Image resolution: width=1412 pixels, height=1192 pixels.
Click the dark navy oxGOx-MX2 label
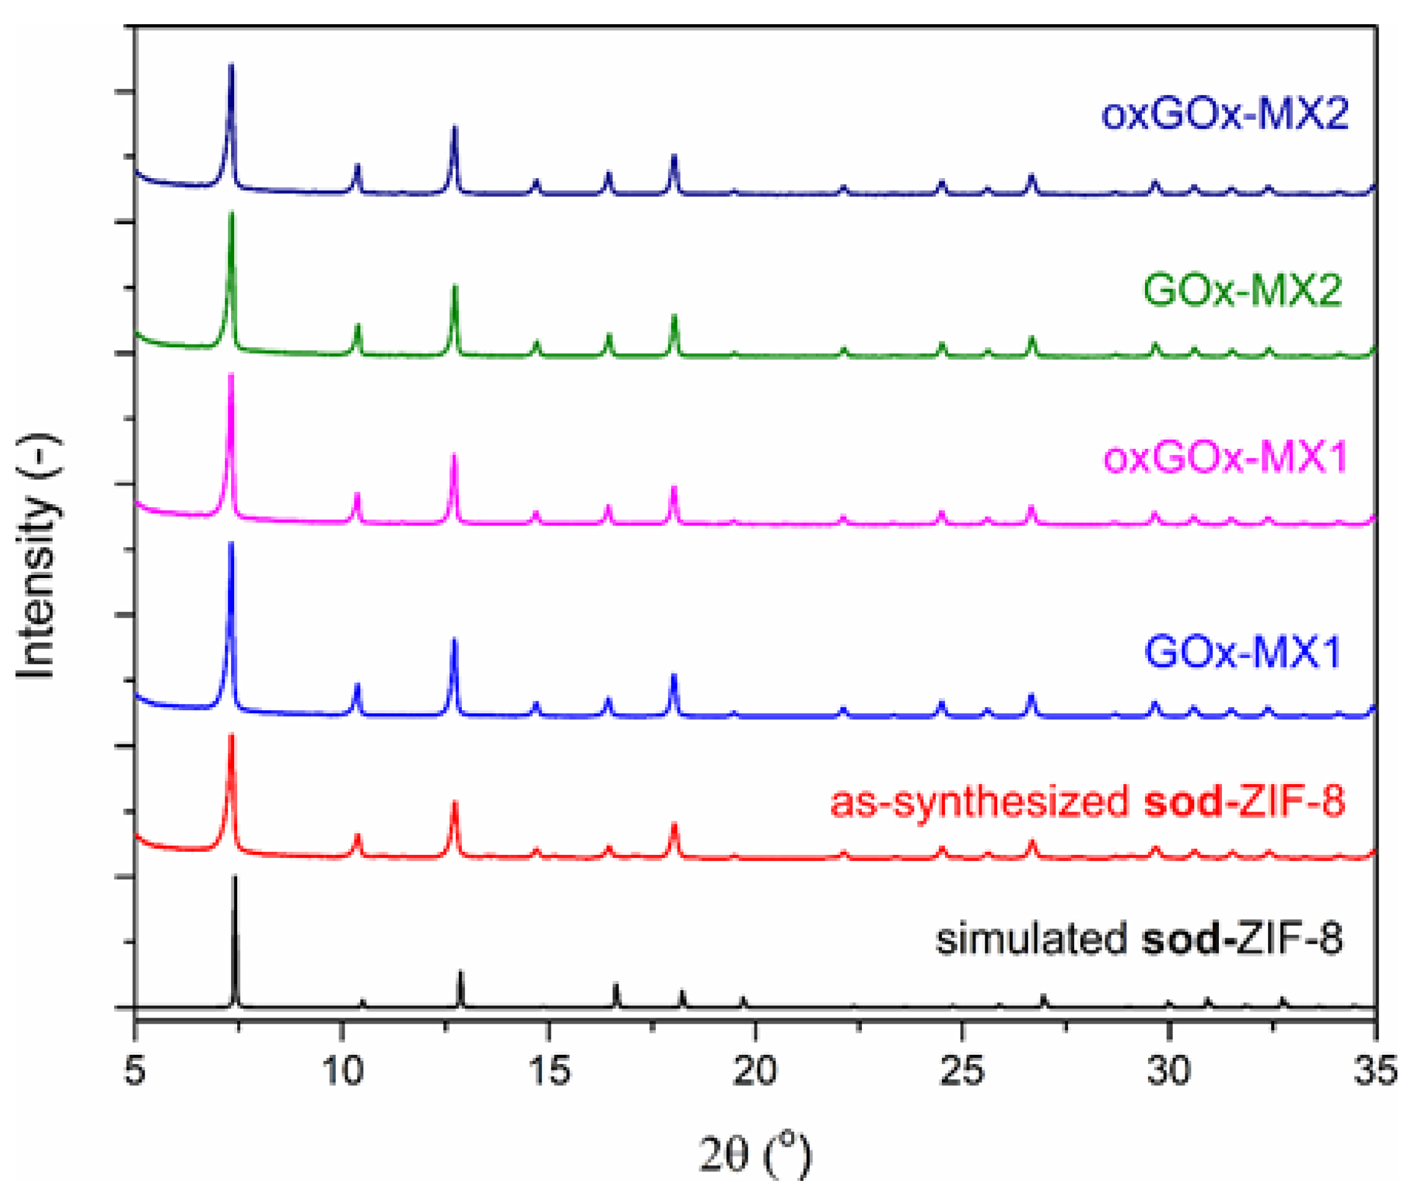click(1224, 114)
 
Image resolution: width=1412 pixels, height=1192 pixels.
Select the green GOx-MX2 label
click(1242, 291)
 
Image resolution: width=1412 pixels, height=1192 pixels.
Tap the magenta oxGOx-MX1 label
click(1224, 458)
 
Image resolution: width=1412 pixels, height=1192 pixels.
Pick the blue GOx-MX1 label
click(1242, 652)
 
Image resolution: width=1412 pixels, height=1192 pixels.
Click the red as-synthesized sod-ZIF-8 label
click(1087, 802)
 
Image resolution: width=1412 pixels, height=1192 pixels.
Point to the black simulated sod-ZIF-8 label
click(1138, 939)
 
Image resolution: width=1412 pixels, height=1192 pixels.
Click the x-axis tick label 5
click(135, 1070)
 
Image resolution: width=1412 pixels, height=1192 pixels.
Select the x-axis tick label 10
click(342, 1070)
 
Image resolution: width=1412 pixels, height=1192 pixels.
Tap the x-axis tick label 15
click(549, 1070)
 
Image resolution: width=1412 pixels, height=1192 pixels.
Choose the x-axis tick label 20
click(755, 1070)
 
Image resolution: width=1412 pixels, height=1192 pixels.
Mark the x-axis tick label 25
click(962, 1070)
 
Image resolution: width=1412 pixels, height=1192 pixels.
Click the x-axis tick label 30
click(1169, 1070)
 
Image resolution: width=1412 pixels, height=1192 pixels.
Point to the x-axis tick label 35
click(1375, 1070)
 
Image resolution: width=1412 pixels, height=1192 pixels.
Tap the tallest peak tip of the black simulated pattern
click(235, 877)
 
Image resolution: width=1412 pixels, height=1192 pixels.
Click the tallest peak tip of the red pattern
click(231, 735)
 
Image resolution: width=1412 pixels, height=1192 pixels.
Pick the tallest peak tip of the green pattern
click(231, 214)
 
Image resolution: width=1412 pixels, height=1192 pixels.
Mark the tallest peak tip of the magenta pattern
click(231, 374)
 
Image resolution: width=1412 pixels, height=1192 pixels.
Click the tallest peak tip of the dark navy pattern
click(231, 65)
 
